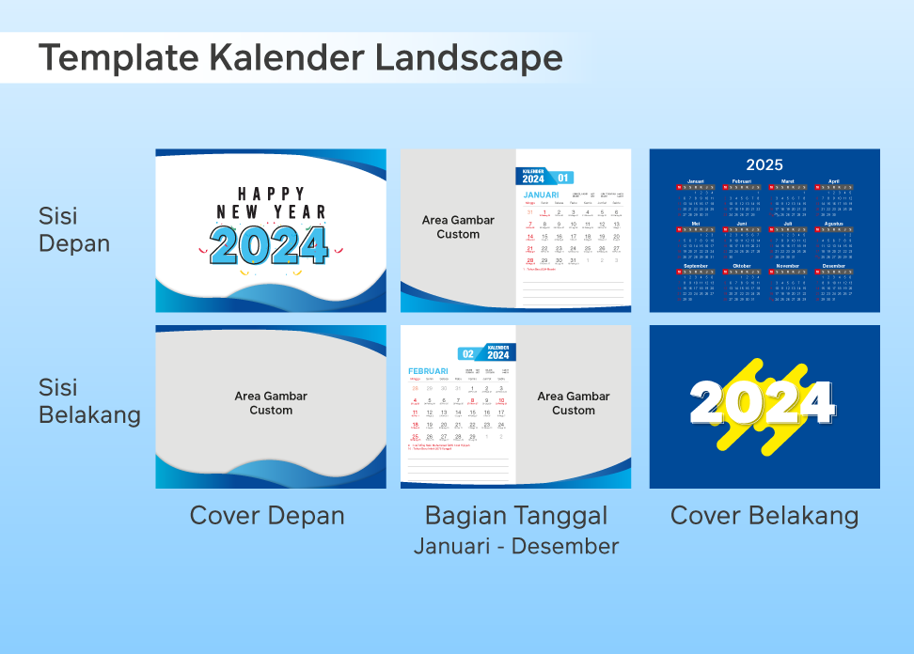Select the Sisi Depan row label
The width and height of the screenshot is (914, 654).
coord(74,230)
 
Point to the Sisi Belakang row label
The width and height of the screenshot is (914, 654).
coord(89,401)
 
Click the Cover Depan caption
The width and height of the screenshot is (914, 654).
coord(267,516)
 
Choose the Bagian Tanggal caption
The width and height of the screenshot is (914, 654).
coord(516,516)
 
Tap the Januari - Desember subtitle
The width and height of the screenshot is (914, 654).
coord(516,546)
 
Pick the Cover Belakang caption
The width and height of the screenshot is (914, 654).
coord(764,516)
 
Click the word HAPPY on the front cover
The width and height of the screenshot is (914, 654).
coord(271,195)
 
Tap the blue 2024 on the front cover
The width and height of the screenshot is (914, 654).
coord(269,244)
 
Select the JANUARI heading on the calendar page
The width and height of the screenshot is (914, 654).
coord(541,194)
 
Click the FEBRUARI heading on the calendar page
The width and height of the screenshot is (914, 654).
coord(428,371)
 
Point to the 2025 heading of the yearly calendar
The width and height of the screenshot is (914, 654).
coord(764,165)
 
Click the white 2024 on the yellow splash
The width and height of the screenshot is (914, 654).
coord(763,402)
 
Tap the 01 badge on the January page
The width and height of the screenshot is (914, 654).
coord(562,178)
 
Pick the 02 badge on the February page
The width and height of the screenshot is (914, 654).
coord(467,354)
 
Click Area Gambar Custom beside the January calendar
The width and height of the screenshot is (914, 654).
coord(458,227)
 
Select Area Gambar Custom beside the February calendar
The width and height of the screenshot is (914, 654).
coord(574,403)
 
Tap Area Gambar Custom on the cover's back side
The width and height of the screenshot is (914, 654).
coord(271,403)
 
